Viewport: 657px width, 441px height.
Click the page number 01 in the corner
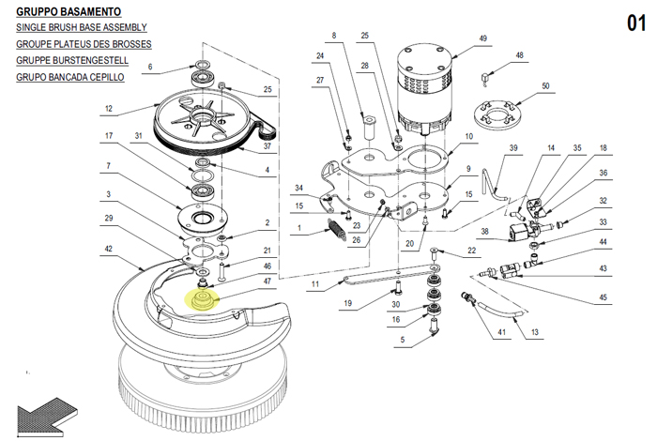[636, 23]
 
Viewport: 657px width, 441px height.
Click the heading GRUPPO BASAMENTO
[69, 11]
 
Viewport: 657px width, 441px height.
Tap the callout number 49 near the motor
[482, 38]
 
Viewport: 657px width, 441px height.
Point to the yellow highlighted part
[203, 300]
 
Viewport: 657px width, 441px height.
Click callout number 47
[267, 281]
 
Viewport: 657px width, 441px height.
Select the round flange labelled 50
[497, 113]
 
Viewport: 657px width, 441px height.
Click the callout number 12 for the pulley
[109, 109]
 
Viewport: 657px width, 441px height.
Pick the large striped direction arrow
[47, 415]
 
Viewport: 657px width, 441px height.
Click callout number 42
[109, 249]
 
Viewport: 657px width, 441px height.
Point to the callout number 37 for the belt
[267, 146]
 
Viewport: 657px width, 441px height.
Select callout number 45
[603, 297]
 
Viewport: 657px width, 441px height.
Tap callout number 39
[513, 148]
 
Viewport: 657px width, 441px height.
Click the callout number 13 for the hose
[535, 332]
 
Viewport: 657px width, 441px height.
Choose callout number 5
[403, 340]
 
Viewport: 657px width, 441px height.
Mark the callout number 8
[334, 36]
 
